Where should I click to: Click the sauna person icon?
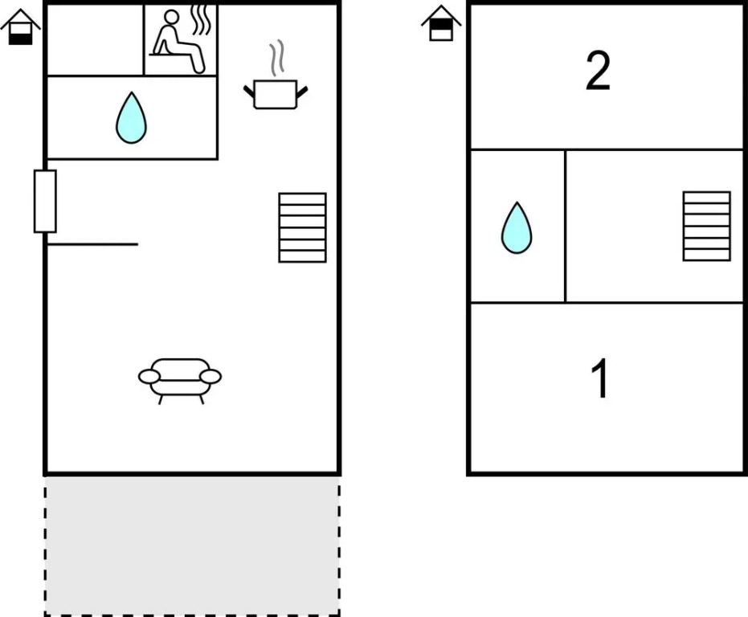(177, 42)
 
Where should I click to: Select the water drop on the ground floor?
(131, 117)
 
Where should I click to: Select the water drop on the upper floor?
(517, 227)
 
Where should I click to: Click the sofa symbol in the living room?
(180, 381)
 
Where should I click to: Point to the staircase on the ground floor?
(302, 227)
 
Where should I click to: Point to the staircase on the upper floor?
(706, 227)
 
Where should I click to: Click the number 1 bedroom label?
(599, 378)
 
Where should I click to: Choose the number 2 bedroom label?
(598, 72)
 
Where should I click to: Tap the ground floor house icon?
(21, 27)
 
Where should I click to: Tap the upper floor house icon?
(441, 23)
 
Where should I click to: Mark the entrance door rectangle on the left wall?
(45, 202)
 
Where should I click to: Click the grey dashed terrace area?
(192, 545)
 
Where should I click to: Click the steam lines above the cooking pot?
(277, 58)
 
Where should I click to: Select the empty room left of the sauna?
(96, 40)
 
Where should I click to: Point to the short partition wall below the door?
(92, 244)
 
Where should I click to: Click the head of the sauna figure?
(171, 17)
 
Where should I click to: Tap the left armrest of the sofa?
(149, 377)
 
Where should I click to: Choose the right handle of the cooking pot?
(302, 92)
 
